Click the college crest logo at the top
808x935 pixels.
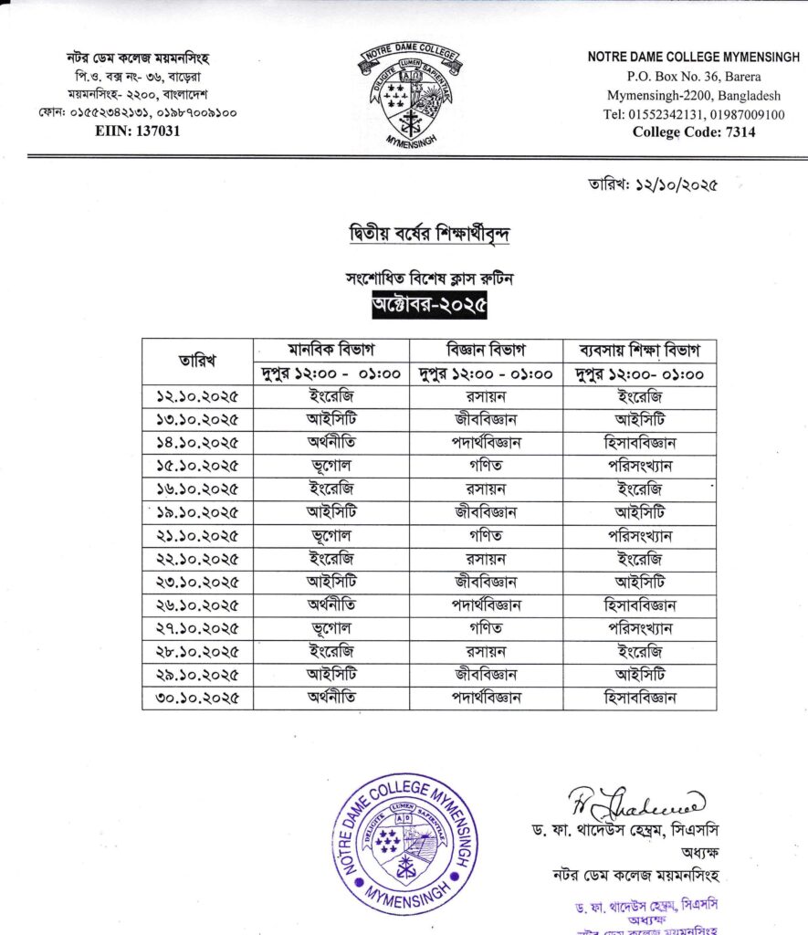(407, 95)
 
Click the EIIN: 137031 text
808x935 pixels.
(138, 131)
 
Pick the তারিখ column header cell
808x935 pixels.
(197, 362)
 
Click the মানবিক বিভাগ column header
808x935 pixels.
(331, 350)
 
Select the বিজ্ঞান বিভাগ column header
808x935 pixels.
(486, 350)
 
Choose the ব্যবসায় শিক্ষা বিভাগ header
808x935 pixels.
(639, 350)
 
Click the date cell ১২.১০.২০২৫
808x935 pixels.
(197, 396)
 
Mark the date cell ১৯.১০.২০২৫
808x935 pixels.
(197, 512)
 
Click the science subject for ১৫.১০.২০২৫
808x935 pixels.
(486, 466)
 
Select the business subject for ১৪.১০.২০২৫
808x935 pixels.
(639, 443)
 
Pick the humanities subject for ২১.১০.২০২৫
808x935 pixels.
(331, 535)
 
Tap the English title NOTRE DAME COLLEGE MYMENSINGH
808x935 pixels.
(693, 58)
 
